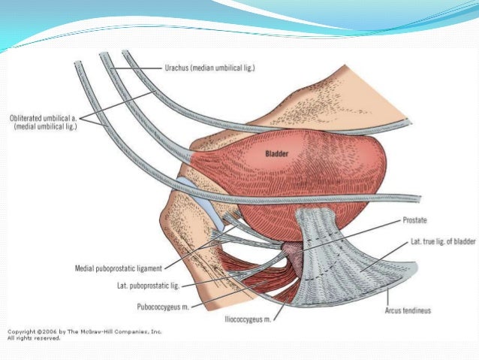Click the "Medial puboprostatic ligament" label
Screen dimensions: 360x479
(x=124, y=267)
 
